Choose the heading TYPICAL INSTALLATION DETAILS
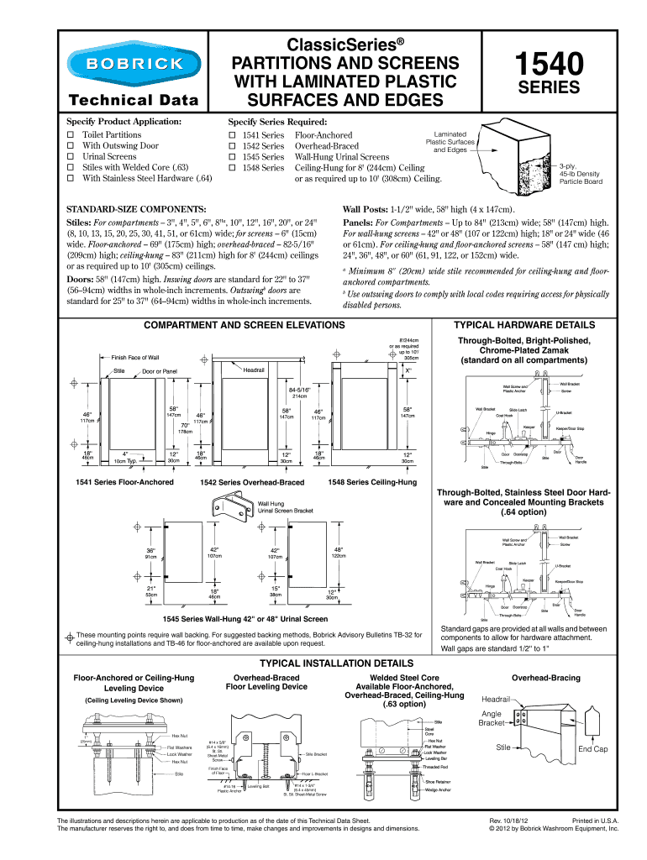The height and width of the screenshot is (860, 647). [323, 663]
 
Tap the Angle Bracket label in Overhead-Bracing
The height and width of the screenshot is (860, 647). [491, 718]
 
